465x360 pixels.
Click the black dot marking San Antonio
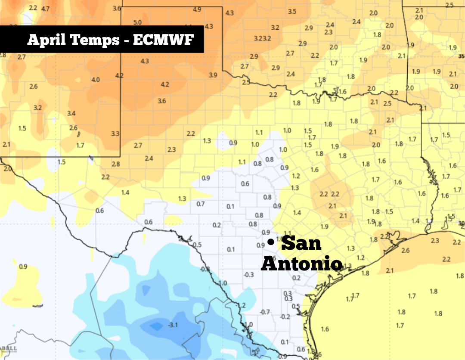pos(270,243)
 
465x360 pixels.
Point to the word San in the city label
pos(301,243)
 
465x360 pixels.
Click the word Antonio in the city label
pos(301,264)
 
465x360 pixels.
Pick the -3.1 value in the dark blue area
pos(173,325)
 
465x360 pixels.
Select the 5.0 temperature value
pos(138,22)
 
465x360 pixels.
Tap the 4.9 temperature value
pos(197,9)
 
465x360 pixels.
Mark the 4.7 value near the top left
pos(45,9)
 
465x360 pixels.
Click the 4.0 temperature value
pos(96,80)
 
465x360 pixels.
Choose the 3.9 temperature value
pos(213,75)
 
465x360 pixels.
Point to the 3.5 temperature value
pos(292,11)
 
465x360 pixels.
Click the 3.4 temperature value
pos(71,113)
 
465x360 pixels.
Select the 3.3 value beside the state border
pos(115,133)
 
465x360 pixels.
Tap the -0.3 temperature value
pos(248,275)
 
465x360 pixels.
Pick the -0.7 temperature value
pos(265,312)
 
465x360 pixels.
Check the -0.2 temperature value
pos(285,317)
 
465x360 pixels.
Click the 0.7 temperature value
pos(201,204)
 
